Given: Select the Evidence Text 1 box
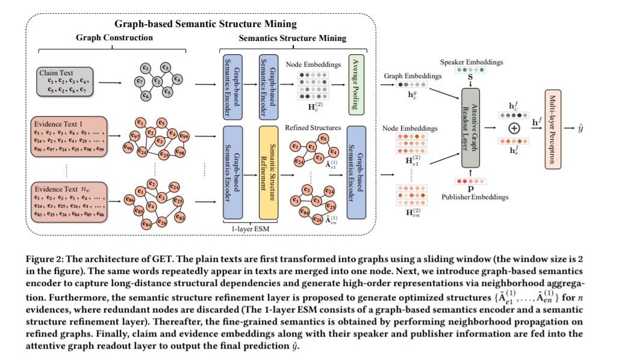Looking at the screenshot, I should point(67,135).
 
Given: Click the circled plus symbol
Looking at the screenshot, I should point(514,128).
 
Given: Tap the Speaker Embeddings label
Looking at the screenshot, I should point(467,62).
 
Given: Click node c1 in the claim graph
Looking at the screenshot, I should point(145,68).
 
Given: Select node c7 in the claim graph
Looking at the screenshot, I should point(140,81).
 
